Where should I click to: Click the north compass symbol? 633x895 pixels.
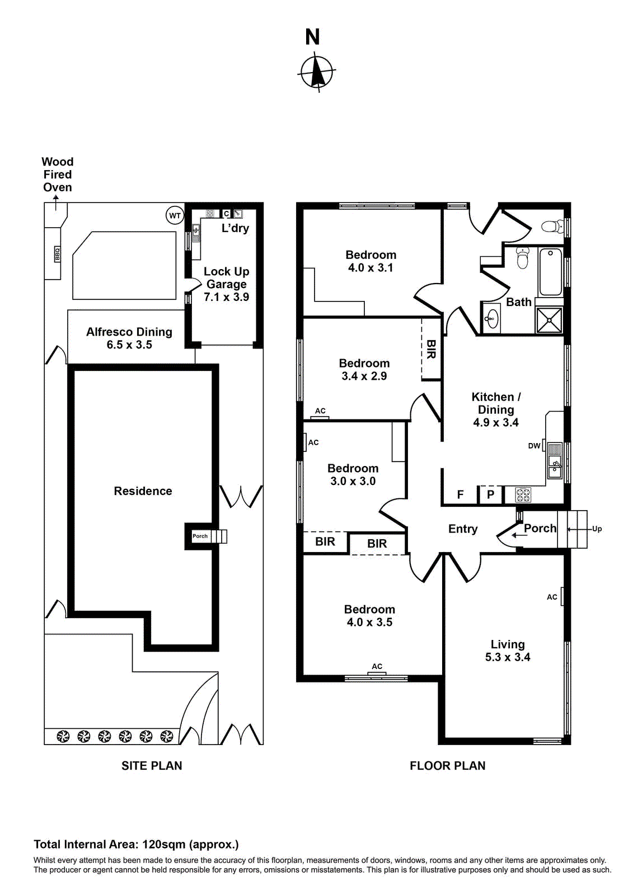tap(317, 72)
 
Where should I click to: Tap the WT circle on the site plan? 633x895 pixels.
tap(175, 215)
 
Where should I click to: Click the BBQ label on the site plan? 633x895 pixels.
tap(57, 254)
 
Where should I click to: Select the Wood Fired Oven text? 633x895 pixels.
tap(58, 175)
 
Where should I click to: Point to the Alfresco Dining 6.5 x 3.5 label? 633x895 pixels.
tap(129, 338)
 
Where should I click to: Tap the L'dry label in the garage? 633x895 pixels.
tap(235, 228)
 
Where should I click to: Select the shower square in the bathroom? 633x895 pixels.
tap(549, 320)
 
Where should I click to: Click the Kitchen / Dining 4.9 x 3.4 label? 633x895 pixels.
tap(496, 409)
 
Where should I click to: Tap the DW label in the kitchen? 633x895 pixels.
tap(534, 446)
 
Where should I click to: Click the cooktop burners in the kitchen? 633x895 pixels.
tap(523, 494)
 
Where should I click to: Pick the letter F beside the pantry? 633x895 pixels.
tap(460, 494)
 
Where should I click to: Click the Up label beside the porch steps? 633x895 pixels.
tap(597, 529)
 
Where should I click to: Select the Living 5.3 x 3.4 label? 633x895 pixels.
tap(508, 651)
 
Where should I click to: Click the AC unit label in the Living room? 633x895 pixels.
tap(552, 597)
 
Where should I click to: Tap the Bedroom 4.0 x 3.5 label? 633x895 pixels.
tap(369, 616)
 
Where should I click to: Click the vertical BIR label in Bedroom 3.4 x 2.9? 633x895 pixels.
tap(431, 349)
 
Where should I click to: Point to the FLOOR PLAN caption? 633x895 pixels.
tap(447, 766)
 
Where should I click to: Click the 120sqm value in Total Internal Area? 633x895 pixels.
tap(164, 845)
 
